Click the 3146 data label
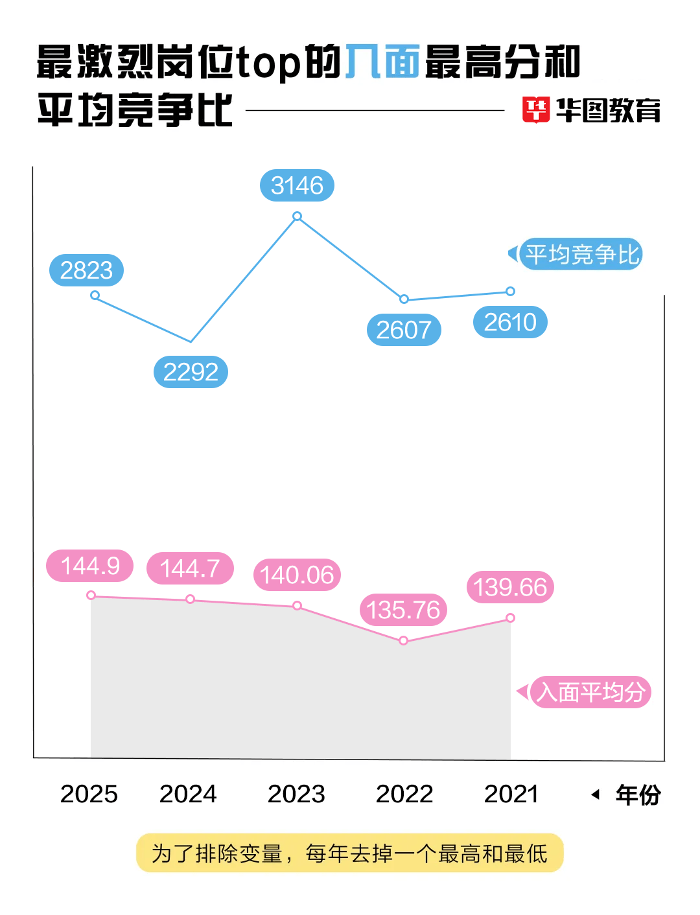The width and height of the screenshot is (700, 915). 297,186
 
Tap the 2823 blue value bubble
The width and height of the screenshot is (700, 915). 86,270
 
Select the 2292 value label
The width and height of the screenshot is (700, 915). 191,372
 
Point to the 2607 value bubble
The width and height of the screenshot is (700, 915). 404,330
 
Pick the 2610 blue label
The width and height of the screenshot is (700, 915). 510,322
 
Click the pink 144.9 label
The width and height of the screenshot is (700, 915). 89,566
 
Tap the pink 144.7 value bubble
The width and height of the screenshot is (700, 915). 190,568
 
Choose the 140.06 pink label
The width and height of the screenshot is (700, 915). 297,575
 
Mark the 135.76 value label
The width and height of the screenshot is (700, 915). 403,610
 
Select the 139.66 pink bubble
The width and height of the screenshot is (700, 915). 510,587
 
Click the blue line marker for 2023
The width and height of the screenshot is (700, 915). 297,216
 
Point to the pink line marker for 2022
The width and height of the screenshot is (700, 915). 403,640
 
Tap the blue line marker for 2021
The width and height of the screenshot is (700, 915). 510,291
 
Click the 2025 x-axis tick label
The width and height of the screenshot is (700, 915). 89,794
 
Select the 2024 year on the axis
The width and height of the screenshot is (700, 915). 188,794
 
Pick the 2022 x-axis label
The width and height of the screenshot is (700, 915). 404,794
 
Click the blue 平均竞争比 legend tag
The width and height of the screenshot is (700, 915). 581,254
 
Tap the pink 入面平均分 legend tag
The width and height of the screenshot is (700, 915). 590,692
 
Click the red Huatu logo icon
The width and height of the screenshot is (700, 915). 536,110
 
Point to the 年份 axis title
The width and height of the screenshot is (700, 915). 638,794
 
